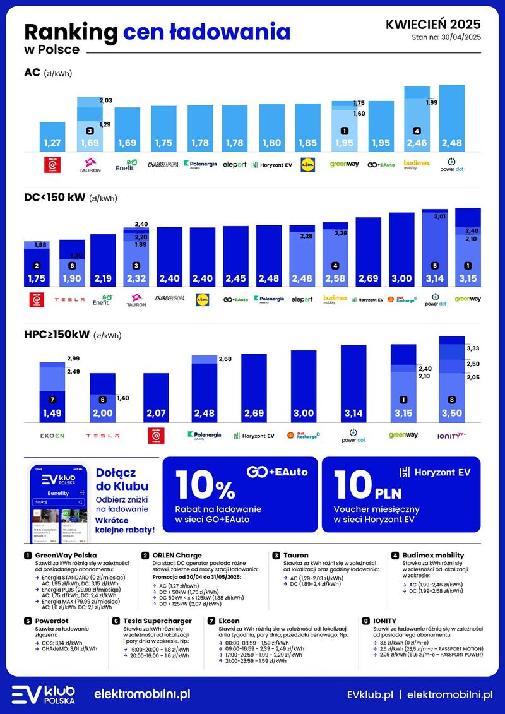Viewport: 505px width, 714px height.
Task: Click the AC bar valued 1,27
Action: pos(52,136)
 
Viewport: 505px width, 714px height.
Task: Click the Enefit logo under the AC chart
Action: pos(126,165)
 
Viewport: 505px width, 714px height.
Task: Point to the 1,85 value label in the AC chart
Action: pos(307,143)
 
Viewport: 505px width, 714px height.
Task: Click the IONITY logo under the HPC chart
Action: pos(451,436)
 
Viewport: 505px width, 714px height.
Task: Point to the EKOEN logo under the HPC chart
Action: pos(52,436)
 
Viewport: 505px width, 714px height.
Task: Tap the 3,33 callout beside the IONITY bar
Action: pos(473,348)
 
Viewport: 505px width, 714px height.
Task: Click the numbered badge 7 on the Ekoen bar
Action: pos(52,400)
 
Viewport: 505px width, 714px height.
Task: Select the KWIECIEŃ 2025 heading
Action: pos(432,25)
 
